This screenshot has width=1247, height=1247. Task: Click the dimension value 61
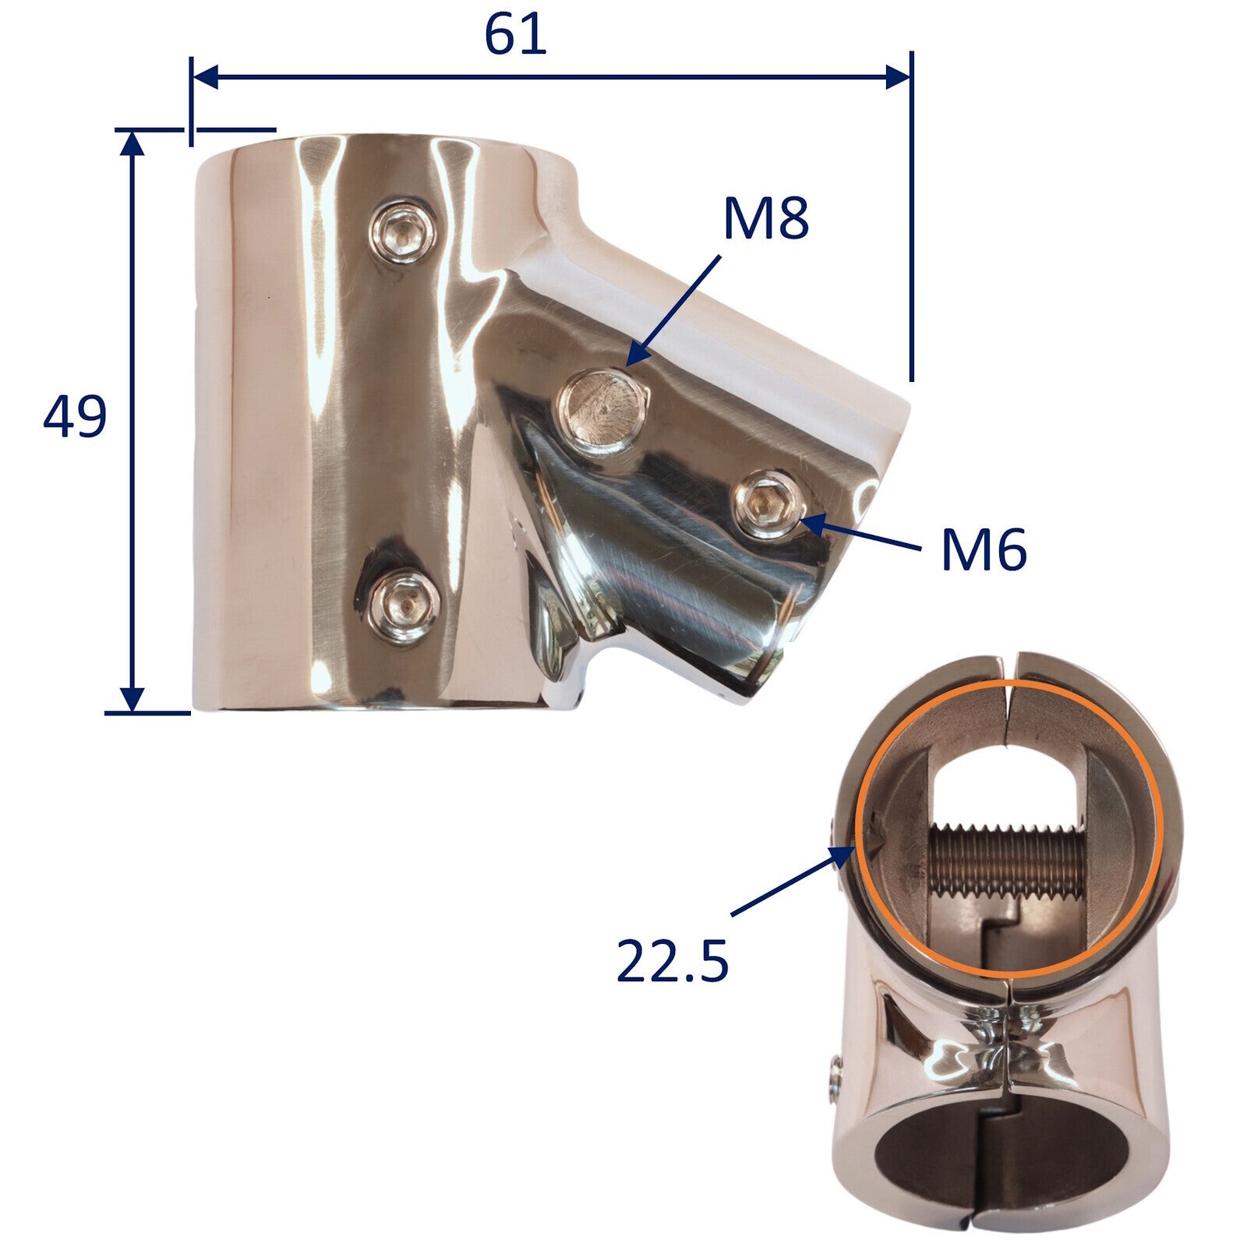pos(515,35)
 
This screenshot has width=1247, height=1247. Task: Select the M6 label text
pos(984,550)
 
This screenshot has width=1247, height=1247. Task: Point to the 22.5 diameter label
pos(672,960)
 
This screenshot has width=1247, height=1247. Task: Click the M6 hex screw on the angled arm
pos(767,505)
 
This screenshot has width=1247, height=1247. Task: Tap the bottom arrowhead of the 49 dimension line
pos(134,699)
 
